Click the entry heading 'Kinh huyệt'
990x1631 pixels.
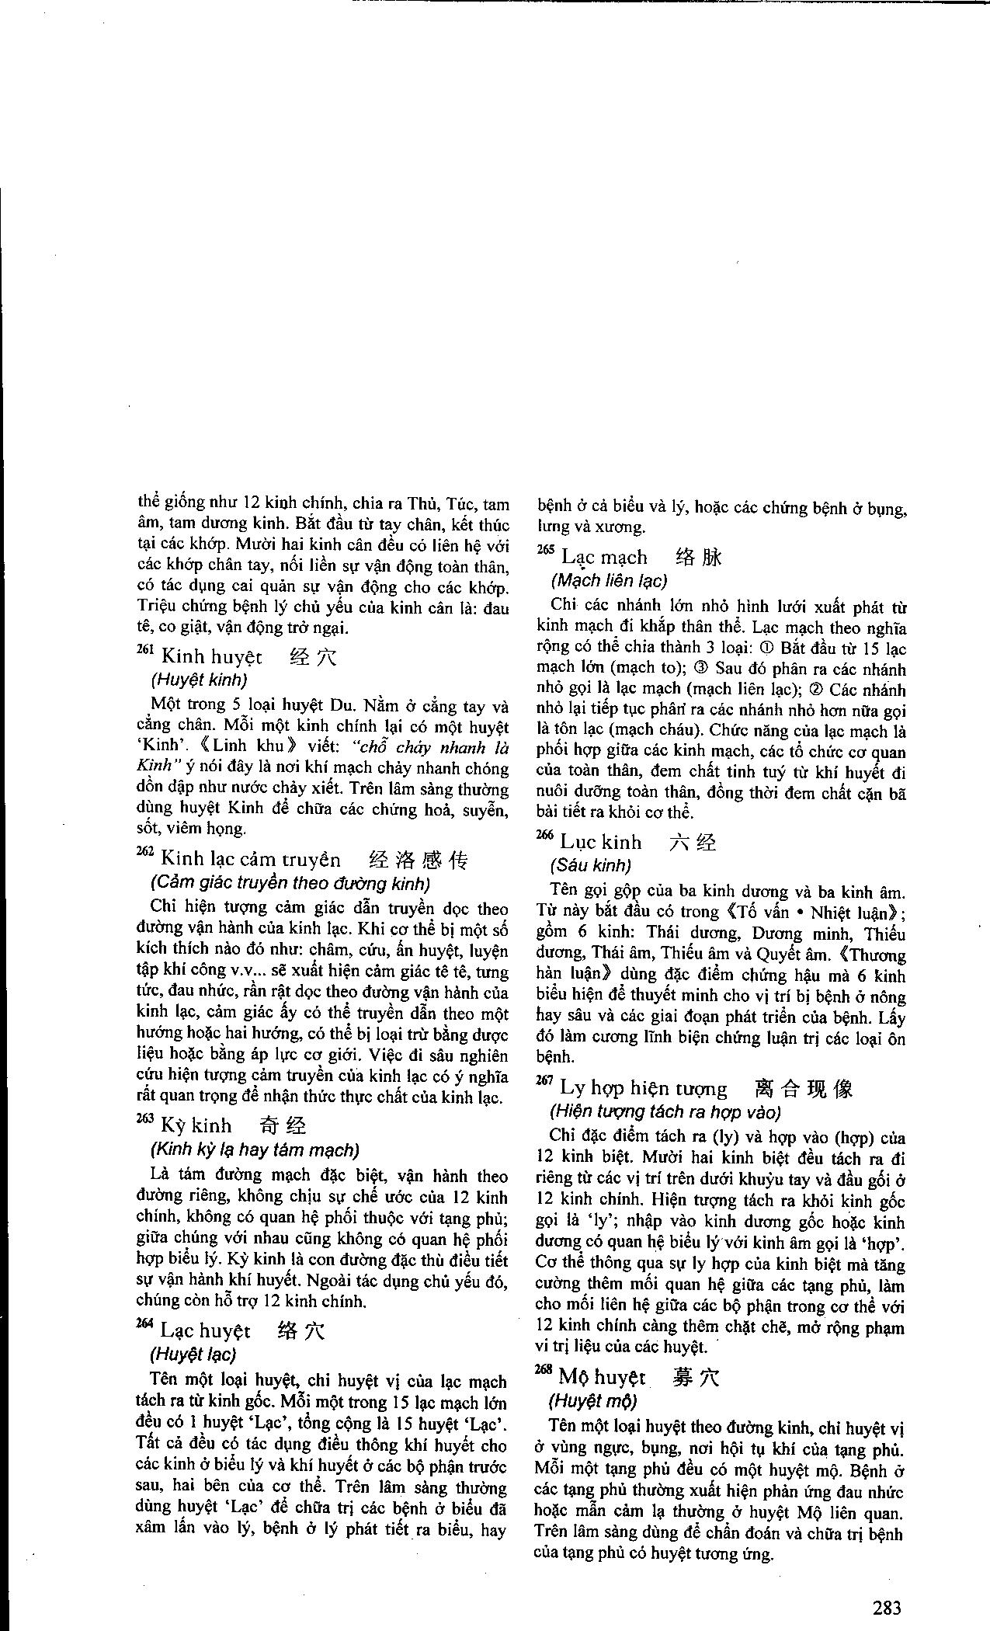click(x=211, y=658)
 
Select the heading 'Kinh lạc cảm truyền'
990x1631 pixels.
click(x=250, y=859)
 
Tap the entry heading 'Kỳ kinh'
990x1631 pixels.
click(x=195, y=1125)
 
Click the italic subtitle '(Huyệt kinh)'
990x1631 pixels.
click(x=199, y=680)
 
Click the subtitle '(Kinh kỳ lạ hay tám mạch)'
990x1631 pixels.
click(x=254, y=1149)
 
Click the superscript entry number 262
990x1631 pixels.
click(x=145, y=852)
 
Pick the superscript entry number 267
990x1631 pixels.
click(x=545, y=1080)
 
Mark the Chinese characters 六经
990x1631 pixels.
click(x=693, y=843)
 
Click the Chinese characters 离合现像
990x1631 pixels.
click(x=803, y=1088)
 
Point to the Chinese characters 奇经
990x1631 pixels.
click(x=283, y=1125)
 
